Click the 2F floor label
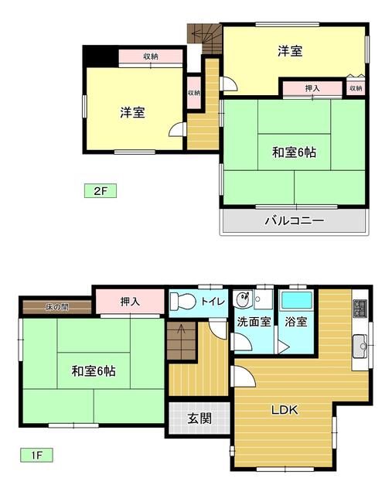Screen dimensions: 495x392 [x=100, y=189]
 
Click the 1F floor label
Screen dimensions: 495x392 [x=36, y=455]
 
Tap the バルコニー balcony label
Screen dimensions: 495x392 [x=294, y=220]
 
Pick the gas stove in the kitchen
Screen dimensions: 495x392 [x=361, y=309]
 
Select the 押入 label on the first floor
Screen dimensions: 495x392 [x=130, y=300]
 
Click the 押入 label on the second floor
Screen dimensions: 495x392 [x=312, y=89]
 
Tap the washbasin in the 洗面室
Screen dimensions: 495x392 [x=243, y=296]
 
